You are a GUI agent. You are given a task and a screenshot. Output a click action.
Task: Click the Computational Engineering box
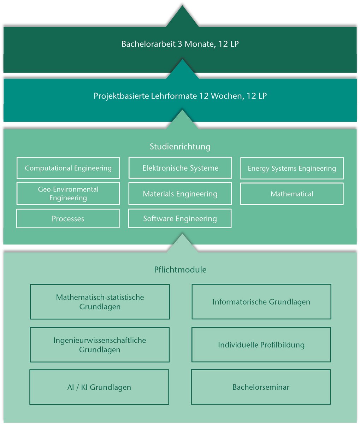click(68, 168)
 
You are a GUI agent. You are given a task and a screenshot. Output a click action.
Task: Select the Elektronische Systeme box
click(180, 168)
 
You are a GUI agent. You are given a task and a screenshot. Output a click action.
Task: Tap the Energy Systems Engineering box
click(292, 169)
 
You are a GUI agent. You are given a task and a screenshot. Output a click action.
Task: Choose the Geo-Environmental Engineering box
click(68, 194)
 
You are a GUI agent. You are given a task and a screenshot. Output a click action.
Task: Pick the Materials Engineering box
click(180, 194)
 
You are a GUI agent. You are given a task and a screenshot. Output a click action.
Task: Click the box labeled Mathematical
click(292, 194)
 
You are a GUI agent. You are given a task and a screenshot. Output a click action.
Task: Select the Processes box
click(68, 219)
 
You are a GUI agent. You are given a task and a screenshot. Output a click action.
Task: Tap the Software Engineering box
click(180, 218)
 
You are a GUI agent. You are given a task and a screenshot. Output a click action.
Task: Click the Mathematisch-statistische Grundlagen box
click(100, 302)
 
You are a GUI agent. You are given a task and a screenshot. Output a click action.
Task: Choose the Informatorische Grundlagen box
click(261, 302)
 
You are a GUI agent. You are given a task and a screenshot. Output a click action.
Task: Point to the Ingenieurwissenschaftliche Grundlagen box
click(100, 345)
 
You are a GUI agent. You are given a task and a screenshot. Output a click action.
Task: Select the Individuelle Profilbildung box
click(261, 345)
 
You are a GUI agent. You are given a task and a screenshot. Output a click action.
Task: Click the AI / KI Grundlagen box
click(99, 387)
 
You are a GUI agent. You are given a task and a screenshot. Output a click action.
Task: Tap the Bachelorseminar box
click(261, 387)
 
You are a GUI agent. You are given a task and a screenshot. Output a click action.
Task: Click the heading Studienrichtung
click(180, 146)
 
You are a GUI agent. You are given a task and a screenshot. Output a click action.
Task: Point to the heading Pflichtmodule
click(180, 270)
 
